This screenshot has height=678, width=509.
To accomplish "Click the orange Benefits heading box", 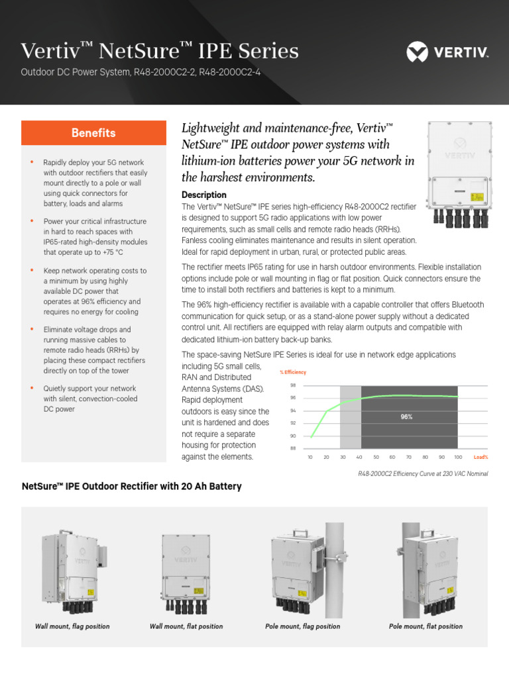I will click(93, 133).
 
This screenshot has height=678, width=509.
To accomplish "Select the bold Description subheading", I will click(204, 195).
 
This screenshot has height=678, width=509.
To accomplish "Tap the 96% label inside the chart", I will click(407, 417).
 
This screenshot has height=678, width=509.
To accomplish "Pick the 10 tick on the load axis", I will click(311, 458).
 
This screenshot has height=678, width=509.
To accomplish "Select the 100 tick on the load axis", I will click(457, 458).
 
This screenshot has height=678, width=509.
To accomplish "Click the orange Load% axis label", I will click(481, 458).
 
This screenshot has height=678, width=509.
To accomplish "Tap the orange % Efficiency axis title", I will click(293, 372).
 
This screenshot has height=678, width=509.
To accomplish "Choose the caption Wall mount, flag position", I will click(72, 626).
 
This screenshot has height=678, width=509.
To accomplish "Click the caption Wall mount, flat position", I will click(186, 626).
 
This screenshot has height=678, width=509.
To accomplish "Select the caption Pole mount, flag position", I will click(302, 626).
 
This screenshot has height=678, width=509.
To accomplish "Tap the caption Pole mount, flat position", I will click(425, 626).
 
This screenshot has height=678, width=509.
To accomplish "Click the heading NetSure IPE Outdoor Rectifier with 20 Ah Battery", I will click(131, 487).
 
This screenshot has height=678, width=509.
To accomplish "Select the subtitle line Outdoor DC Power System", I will click(140, 72).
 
